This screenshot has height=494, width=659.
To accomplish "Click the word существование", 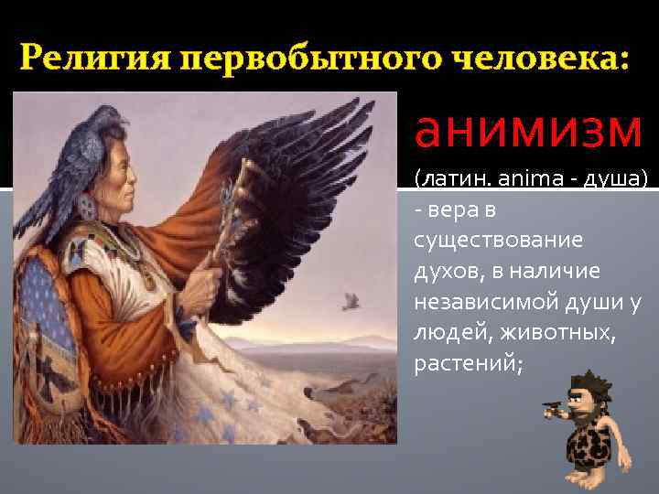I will (x=498, y=242).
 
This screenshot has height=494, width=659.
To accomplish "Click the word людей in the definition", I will (x=443, y=333).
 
